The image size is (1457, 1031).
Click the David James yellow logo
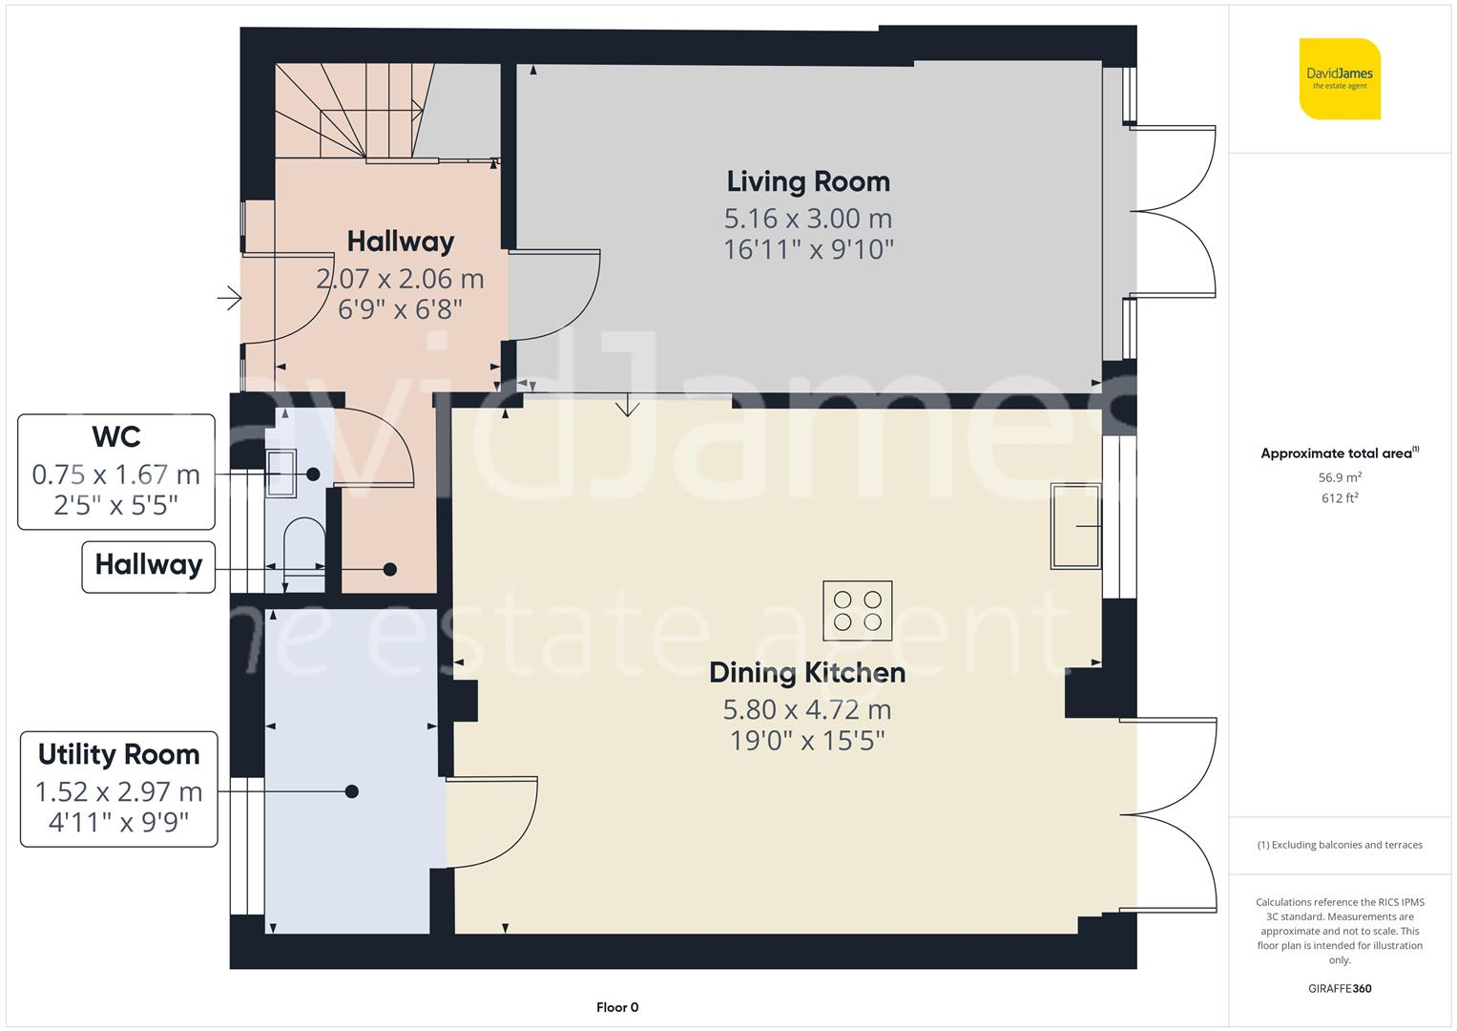1340,78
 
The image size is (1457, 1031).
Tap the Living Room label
808,181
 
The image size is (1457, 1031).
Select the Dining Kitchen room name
807,672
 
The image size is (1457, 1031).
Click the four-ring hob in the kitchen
857,611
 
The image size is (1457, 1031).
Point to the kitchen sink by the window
1075,526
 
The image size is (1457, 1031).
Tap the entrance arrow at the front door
229,300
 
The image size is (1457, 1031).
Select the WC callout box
116,472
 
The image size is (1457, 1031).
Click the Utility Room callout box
118,789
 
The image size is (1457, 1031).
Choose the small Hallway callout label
148,565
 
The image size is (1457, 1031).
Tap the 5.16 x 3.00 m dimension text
808,219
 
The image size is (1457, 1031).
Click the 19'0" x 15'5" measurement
807,741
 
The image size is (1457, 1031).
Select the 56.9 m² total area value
1340,477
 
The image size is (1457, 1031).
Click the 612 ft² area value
1340,497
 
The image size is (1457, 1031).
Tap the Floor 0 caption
617,1007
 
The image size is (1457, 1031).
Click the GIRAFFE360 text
1340,988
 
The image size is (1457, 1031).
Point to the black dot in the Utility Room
352,791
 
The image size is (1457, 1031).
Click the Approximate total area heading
1338,453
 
